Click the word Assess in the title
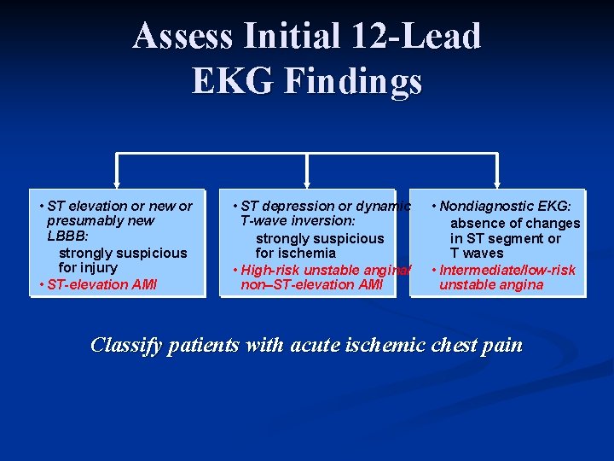(x=182, y=37)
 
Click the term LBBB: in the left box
(x=65, y=236)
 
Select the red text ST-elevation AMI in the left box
(x=102, y=284)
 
